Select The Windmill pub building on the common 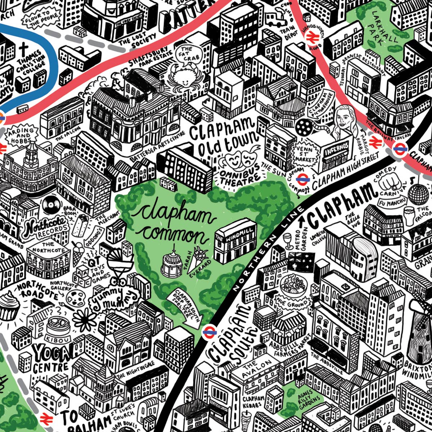pos(236,241)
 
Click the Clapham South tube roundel pos(208,332)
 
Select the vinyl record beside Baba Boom pos(51,206)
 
